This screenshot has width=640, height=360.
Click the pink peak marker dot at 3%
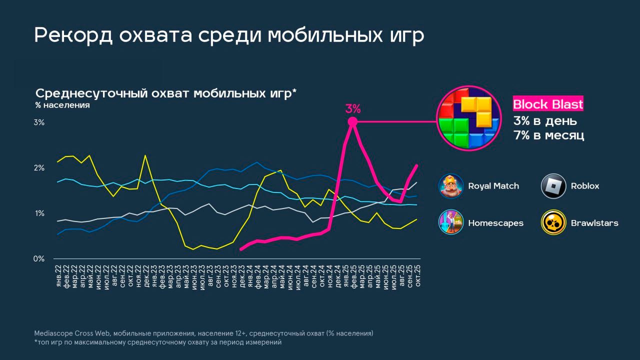click(352, 121)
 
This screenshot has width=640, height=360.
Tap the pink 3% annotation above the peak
click(352, 108)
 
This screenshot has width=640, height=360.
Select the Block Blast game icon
click(468, 118)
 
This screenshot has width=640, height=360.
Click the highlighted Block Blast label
click(548, 104)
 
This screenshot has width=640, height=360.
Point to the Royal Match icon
click(451, 186)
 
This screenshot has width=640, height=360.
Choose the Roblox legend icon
click(553, 186)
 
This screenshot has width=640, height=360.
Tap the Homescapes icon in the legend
click(451, 222)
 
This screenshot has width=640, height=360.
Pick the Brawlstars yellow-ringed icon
click(553, 222)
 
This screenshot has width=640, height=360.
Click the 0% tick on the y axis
click(39, 259)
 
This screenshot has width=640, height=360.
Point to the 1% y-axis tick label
click(39, 213)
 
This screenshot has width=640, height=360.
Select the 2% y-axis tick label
click(39, 168)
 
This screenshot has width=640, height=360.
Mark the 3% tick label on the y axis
click(39, 122)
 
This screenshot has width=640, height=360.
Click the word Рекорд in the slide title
click(70, 35)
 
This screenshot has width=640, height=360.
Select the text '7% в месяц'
click(548, 135)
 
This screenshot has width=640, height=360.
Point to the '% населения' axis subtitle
click(62, 105)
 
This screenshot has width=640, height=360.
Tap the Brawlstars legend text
click(594, 223)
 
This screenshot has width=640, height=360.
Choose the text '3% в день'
click(545, 121)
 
